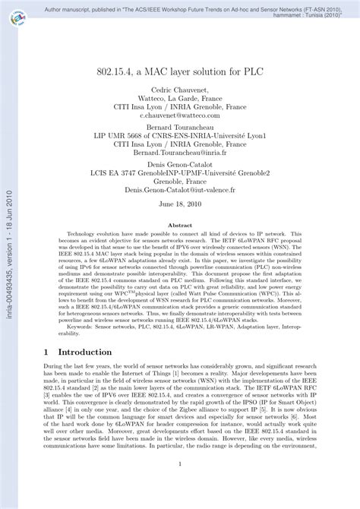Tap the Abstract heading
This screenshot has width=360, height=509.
pyautogui.click(x=179, y=226)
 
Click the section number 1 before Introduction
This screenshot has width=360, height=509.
pyautogui.click(x=48, y=353)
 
